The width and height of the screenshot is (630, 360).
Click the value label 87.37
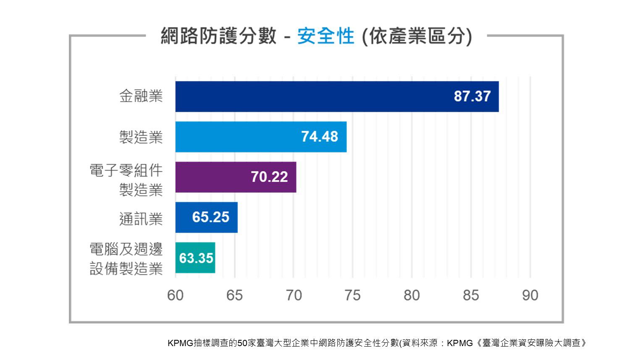click(x=472, y=97)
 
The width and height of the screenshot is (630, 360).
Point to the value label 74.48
click(x=320, y=137)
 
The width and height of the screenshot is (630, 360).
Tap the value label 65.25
click(x=211, y=217)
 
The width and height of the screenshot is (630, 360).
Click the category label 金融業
click(x=141, y=96)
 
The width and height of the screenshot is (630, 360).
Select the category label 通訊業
click(x=141, y=219)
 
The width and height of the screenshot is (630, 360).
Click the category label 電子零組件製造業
click(x=126, y=180)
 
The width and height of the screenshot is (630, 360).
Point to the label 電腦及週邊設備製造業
click(x=126, y=259)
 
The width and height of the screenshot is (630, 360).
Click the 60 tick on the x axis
click(x=175, y=296)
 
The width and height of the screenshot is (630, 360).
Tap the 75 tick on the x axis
click(x=352, y=296)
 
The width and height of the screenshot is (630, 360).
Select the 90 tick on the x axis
click(x=530, y=296)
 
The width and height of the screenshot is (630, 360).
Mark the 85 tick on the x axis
click(x=471, y=296)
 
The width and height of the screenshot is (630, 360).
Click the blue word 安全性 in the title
click(x=325, y=36)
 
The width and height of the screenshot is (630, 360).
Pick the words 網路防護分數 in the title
click(x=218, y=36)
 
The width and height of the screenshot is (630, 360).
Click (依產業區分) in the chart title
click(x=417, y=36)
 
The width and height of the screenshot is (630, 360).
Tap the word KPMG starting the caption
click(x=180, y=343)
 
